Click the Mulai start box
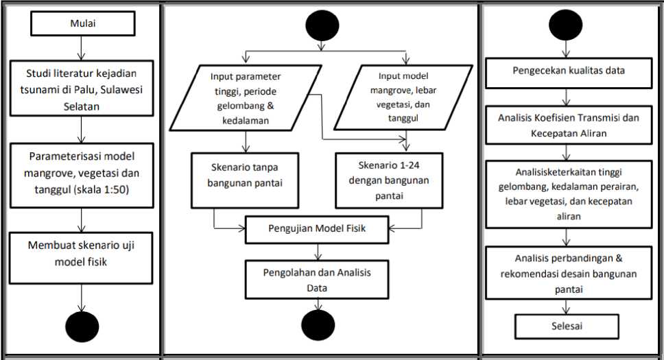pyautogui.click(x=83, y=23)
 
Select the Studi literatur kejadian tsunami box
pyautogui.click(x=82, y=88)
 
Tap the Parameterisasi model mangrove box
pyautogui.click(x=82, y=176)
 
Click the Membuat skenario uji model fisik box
pyautogui.click(x=81, y=258)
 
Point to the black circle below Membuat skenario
pyautogui.click(x=82, y=326)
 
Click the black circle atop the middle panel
pyautogui.click(x=322, y=25)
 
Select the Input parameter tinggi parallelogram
pyautogui.click(x=246, y=98)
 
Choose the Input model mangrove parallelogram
pyautogui.click(x=403, y=97)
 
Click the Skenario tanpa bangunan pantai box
pyautogui.click(x=245, y=180)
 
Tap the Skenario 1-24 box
pyautogui.click(x=389, y=180)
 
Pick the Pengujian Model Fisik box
pyautogui.click(x=317, y=230)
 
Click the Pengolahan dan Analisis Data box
pyautogui.click(x=317, y=280)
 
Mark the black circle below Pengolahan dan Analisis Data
pyautogui.click(x=318, y=325)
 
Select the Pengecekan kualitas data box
pyautogui.click(x=569, y=73)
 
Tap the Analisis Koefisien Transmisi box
pyautogui.click(x=569, y=125)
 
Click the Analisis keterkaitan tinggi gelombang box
pyautogui.click(x=569, y=195)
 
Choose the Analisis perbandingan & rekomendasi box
pyautogui.click(x=569, y=273)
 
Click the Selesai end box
pyautogui.click(x=567, y=326)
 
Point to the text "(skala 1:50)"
pyautogui.click(x=102, y=189)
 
